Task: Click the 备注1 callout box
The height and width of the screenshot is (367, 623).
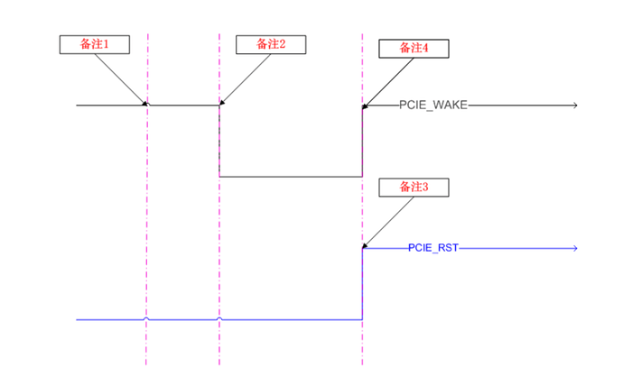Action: (94, 43)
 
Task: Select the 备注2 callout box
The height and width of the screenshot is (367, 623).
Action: (270, 43)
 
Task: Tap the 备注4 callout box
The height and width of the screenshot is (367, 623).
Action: (414, 49)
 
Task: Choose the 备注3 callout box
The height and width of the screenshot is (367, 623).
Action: (414, 188)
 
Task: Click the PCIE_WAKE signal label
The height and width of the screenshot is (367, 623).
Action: (433, 106)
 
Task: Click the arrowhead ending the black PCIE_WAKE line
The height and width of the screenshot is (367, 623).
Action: (573, 106)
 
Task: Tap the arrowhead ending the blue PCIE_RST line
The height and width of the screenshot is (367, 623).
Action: (573, 247)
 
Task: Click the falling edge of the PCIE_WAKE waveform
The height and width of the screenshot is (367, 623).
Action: (219, 141)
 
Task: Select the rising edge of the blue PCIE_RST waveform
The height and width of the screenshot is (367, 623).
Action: (363, 283)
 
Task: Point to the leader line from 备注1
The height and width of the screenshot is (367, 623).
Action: (118, 78)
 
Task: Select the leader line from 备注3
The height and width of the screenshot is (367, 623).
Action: (388, 222)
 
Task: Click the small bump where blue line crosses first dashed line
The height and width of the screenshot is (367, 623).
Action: (146, 318)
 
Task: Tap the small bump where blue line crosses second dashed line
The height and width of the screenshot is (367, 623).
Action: (219, 318)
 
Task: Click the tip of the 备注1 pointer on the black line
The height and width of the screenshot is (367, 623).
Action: (144, 104)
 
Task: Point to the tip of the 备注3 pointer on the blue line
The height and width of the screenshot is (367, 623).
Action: (364, 246)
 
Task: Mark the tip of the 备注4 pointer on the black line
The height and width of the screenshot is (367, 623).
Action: (364, 107)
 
